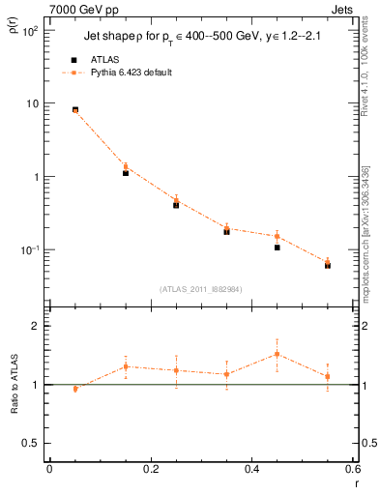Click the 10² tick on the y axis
click(30, 31)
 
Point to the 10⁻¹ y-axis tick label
click(30, 250)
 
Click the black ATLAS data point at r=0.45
click(277, 247)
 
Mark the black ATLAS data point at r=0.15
click(126, 173)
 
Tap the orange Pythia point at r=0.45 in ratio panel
click(277, 354)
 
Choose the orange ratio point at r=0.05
click(75, 389)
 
